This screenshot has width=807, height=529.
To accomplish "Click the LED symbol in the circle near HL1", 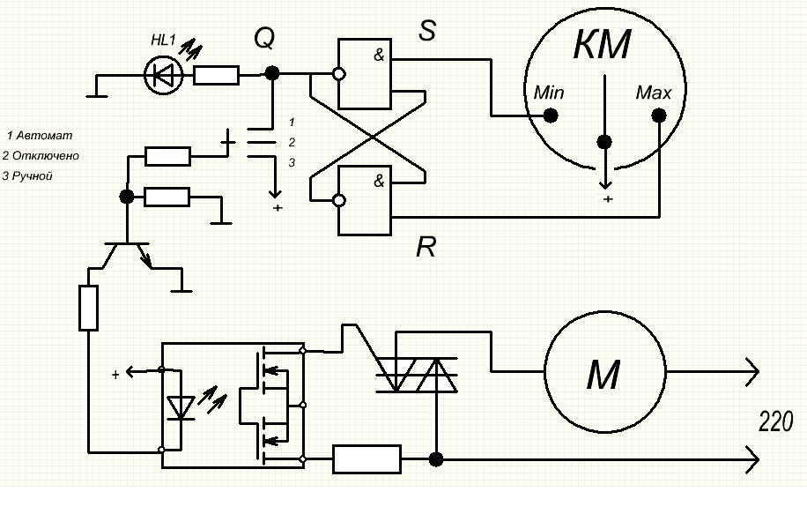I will (x=164, y=76).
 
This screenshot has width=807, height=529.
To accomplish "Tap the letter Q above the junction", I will (x=264, y=38).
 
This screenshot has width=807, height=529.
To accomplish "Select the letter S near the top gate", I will (x=427, y=32).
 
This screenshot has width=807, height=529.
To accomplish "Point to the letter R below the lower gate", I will (x=426, y=248).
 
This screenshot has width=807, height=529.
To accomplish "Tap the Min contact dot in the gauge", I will (x=551, y=115).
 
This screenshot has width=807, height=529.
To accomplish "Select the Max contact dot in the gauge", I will (x=658, y=115).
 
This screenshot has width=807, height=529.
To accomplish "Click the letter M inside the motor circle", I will (x=604, y=377).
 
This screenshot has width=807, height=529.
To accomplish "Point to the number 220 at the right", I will (x=776, y=423).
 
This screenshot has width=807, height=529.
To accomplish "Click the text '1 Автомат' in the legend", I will (x=40, y=136).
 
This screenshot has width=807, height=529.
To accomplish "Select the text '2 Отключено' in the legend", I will (x=41, y=156).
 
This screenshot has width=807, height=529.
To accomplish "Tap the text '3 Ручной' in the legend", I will (x=28, y=176).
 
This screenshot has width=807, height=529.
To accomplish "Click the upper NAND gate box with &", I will (x=365, y=74).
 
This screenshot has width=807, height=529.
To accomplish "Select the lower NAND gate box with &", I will (x=365, y=200).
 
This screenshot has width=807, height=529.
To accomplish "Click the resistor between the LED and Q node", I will (x=216, y=76).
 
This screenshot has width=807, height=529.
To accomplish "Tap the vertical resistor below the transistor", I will (x=88, y=308).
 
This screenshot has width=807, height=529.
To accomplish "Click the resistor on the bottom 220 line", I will (x=366, y=458).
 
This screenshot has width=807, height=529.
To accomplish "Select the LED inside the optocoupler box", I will (x=181, y=408).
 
